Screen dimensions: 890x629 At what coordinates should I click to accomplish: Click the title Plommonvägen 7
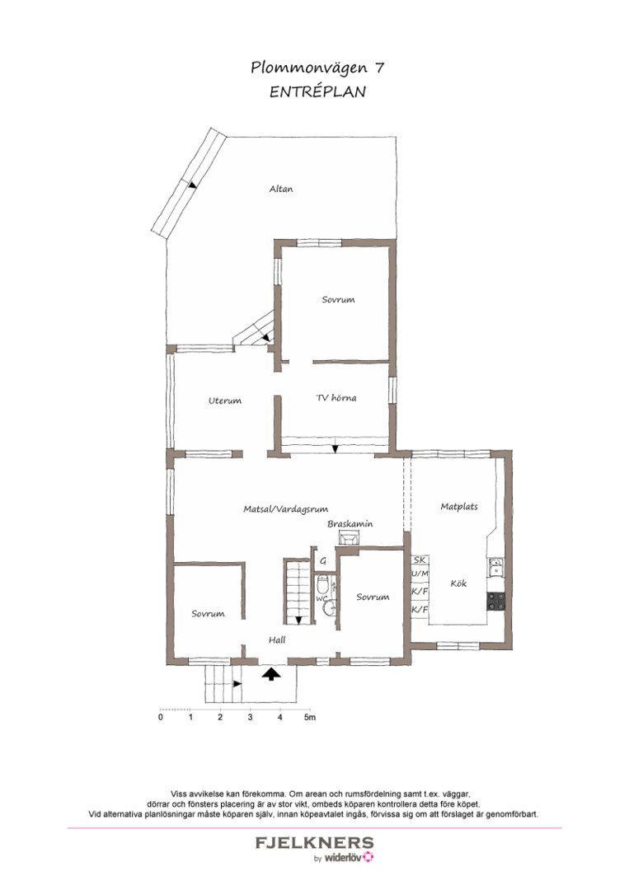[317, 68]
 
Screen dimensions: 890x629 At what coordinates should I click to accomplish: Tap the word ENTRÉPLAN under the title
[317, 92]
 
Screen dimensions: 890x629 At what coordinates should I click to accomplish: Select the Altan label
[281, 189]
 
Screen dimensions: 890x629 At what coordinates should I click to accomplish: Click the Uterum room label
[224, 401]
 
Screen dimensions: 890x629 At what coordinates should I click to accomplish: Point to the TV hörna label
[336, 398]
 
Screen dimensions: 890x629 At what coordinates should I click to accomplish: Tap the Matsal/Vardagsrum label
[291, 509]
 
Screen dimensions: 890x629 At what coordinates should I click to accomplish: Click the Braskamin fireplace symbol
[350, 537]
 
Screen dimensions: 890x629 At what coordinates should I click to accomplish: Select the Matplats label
[458, 507]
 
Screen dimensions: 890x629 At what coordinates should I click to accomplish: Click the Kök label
[459, 583]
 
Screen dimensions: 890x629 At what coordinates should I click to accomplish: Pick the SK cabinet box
[420, 560]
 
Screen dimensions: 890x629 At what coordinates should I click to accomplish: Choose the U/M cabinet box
[420, 574]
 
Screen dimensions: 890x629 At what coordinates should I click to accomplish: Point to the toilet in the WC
[323, 586]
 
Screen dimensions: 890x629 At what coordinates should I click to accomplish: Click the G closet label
[323, 560]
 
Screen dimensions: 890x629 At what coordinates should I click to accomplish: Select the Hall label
[277, 639]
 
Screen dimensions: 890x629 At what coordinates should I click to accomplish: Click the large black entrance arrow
[270, 674]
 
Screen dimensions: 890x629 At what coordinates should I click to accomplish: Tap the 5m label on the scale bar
[310, 718]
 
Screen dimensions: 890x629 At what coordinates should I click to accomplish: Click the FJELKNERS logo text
[314, 843]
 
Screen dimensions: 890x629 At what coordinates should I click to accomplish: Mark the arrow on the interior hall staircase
[298, 621]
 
